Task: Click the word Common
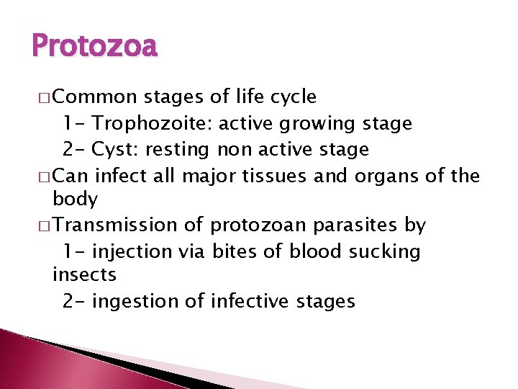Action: tap(95, 97)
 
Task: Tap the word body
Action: tap(75, 200)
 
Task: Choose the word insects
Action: tap(84, 274)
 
